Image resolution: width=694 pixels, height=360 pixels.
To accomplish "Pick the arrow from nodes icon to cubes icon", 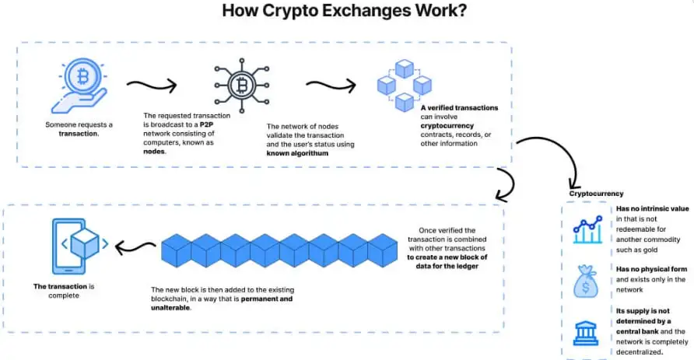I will coord(330,84).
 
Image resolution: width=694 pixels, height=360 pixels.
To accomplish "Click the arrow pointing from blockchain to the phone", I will coord(135,248).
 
